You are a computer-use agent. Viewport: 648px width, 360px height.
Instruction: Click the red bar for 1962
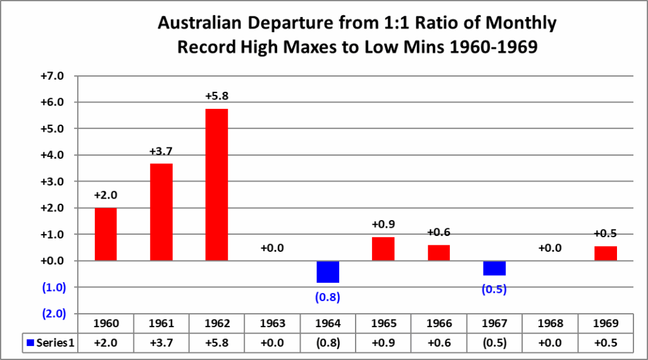pos(216,185)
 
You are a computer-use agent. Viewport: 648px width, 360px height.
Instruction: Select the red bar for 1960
pos(106,234)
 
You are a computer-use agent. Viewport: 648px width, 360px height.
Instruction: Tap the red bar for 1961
pos(161,212)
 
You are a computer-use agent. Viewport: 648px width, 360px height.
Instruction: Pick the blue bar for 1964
pos(328,271)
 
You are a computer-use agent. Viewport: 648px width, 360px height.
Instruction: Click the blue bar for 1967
pos(494,268)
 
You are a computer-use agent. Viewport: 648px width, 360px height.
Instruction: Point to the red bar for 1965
pos(383,249)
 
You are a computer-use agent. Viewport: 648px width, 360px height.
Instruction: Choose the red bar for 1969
pos(606,253)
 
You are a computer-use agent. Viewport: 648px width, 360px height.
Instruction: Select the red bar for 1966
pos(439,252)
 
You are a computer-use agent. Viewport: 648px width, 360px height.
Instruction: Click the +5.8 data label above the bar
pos(216,97)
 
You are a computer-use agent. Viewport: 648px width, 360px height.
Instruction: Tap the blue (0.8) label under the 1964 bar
pos(328,295)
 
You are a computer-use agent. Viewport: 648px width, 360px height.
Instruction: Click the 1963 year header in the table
pos(272,323)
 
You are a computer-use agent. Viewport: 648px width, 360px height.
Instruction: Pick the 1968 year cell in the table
pos(550,323)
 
